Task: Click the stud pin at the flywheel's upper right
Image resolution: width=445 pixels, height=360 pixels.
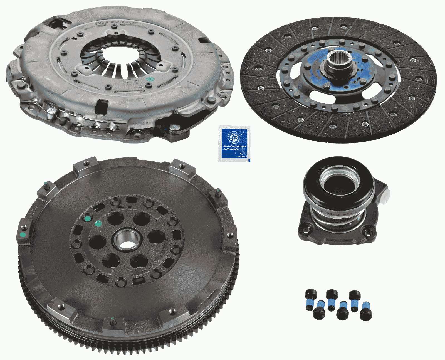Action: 218,192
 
